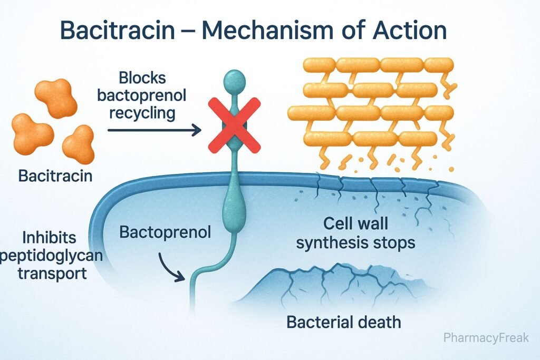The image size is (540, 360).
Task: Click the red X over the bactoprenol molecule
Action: pos(234,125)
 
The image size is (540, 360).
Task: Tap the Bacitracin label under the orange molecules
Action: pos(55,176)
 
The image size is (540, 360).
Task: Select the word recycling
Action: pos(142,112)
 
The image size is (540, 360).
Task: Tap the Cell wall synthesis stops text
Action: pos(355,233)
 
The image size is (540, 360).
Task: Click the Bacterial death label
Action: pos(343,322)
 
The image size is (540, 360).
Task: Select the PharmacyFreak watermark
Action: pos(485,338)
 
